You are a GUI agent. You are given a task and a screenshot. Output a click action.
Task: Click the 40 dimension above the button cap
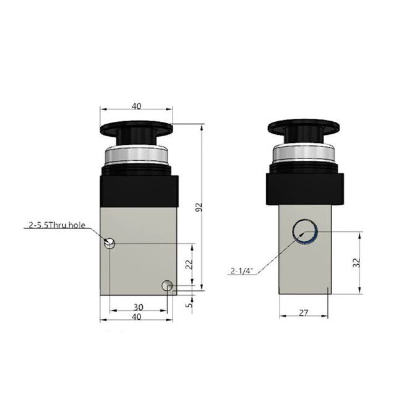(x=136, y=106)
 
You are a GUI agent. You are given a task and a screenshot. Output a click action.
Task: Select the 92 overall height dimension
(x=199, y=209)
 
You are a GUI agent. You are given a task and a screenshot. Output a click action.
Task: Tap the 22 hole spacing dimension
(x=190, y=264)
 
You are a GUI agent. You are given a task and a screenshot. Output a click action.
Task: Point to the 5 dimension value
(x=190, y=303)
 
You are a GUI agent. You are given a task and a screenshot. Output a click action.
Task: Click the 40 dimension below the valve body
(x=137, y=317)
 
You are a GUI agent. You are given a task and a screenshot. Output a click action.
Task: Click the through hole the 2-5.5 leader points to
(x=110, y=244)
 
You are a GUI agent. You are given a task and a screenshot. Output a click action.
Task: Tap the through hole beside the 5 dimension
(x=166, y=285)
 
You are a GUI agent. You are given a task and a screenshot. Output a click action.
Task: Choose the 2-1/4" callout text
(x=243, y=270)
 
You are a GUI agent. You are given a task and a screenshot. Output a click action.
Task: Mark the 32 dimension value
(x=354, y=263)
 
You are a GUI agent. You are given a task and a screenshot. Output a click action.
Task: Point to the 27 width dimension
(x=302, y=313)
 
